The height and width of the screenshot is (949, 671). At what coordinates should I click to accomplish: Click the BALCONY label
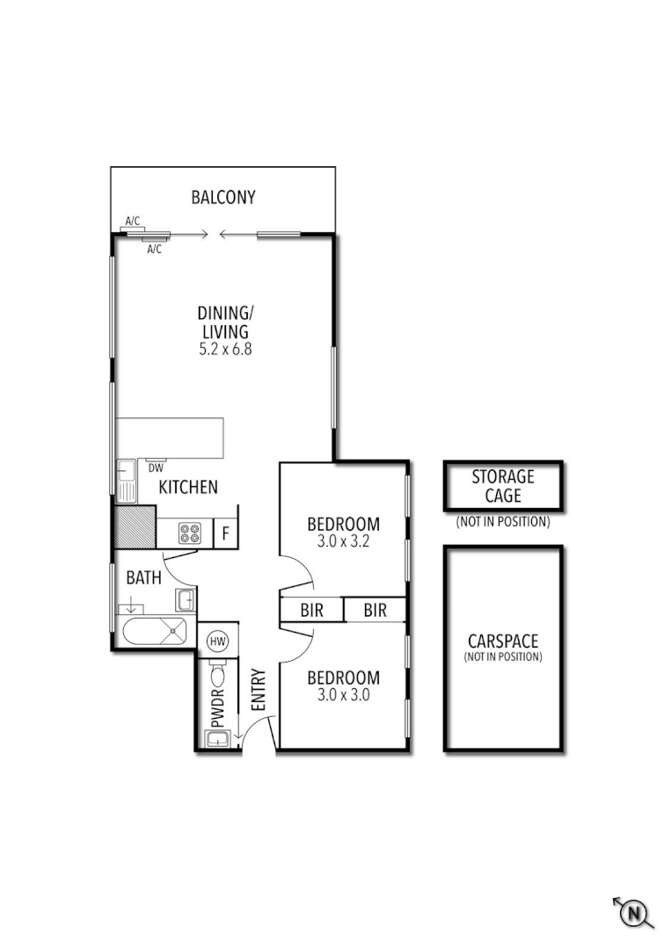click(223, 197)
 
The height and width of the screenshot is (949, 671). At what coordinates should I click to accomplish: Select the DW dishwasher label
click(155, 467)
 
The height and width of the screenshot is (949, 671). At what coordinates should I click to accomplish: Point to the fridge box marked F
click(226, 532)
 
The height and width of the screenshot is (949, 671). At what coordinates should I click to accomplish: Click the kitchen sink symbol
click(126, 481)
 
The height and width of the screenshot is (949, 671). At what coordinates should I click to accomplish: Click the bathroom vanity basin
click(186, 600)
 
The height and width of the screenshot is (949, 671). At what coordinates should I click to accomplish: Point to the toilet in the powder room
click(217, 674)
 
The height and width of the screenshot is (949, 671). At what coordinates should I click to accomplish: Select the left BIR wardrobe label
click(311, 610)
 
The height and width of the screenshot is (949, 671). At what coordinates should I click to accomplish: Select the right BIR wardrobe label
click(375, 610)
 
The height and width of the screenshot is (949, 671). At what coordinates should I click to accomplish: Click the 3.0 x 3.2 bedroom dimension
click(343, 541)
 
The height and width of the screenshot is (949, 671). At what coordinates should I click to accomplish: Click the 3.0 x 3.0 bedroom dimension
click(343, 694)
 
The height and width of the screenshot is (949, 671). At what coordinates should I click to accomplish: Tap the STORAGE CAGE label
click(502, 486)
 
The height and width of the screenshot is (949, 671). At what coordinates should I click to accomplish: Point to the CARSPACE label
click(502, 641)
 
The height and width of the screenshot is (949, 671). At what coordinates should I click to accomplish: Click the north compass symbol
click(632, 913)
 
